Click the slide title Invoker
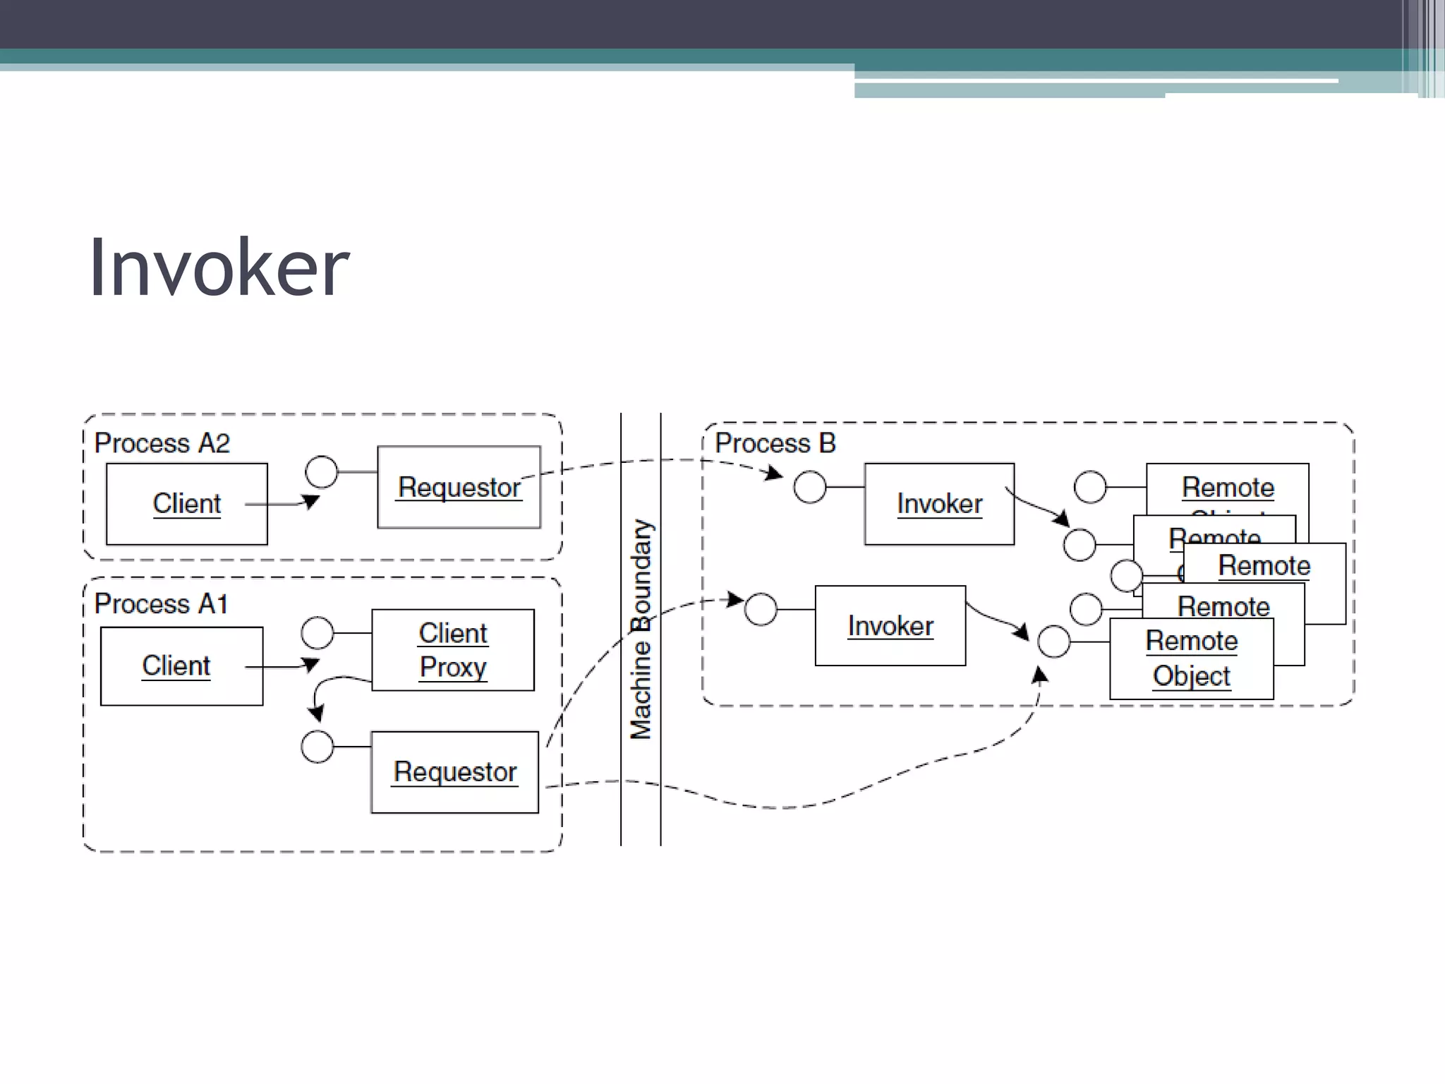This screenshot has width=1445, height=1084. pyautogui.click(x=219, y=268)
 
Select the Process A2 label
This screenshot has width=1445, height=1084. pyautogui.click(x=162, y=443)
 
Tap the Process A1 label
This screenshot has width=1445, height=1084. pyautogui.click(x=162, y=604)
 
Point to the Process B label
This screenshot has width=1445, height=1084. pyautogui.click(x=775, y=443)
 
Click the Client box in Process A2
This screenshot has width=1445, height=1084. pyautogui.click(x=187, y=504)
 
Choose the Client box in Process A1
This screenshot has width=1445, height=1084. pyautogui.click(x=181, y=666)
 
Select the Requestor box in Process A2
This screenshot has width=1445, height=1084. pyautogui.click(x=459, y=487)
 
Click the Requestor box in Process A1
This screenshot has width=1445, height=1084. pyautogui.click(x=454, y=772)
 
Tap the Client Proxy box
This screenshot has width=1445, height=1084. pyautogui.click(x=453, y=650)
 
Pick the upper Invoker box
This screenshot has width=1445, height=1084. pyautogui.click(x=939, y=504)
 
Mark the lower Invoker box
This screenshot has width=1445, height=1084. pyautogui.click(x=890, y=626)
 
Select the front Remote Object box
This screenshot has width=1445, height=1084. pyautogui.click(x=1192, y=658)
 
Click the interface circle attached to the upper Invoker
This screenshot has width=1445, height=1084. pyautogui.click(x=810, y=487)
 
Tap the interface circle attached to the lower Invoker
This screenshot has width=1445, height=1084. pyautogui.click(x=761, y=609)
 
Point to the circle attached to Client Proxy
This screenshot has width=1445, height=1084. pyautogui.click(x=318, y=633)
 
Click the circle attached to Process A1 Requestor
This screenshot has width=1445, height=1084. pyautogui.click(x=318, y=747)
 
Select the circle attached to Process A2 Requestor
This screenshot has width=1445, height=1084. pyautogui.click(x=322, y=471)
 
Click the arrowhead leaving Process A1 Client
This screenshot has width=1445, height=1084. pyautogui.click(x=311, y=664)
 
